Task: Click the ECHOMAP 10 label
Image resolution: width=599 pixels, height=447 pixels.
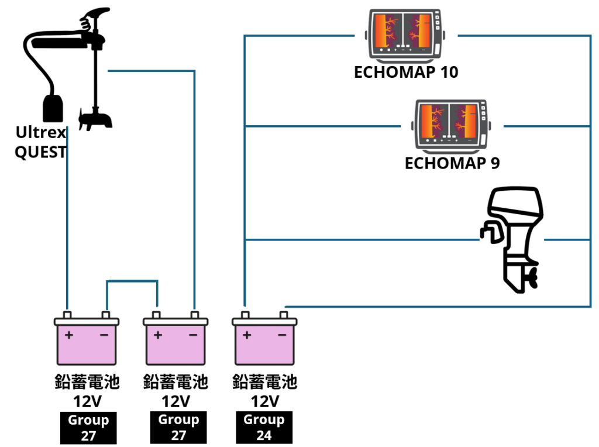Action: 406,72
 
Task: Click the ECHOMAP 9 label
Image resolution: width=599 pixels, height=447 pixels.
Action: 452,163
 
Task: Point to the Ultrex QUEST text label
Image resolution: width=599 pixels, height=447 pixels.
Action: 40,142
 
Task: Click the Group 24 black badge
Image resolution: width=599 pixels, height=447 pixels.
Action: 264,428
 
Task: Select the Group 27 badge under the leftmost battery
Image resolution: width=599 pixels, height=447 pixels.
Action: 88,428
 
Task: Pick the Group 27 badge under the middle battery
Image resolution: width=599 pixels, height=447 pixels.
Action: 178,428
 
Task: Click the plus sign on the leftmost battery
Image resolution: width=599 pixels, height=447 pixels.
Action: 69,335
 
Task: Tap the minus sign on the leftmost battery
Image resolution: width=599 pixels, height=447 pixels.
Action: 104,335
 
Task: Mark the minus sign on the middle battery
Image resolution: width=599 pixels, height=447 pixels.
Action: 193,335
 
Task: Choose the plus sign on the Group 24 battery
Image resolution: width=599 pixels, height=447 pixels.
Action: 247,335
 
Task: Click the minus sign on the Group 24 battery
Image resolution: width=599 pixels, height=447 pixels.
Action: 282,335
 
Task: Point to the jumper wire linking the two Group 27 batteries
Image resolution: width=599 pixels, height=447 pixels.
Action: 132,281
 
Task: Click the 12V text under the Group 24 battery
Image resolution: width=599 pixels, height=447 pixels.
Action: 265,401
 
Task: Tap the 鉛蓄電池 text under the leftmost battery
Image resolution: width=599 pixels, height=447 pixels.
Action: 87,383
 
